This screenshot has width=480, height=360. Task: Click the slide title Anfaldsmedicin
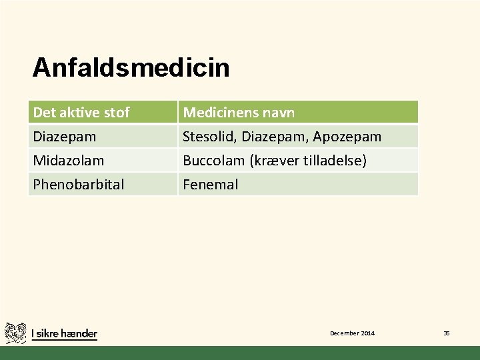tap(131, 67)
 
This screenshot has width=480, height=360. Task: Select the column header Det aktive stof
tap(81, 112)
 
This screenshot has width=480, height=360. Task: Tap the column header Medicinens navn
tap(239, 112)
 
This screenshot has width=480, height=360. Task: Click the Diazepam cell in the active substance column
tap(64, 137)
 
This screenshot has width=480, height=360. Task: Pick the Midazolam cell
tap(68, 161)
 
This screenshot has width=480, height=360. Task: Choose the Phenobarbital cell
tap(78, 185)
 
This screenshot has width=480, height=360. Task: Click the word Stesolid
tap(210, 137)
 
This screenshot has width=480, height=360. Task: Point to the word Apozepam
tap(347, 137)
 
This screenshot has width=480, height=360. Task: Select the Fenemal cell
tap(210, 185)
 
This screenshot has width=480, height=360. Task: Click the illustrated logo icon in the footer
tap(15, 333)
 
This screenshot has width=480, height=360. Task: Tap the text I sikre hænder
tap(64, 333)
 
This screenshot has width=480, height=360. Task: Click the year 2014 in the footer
tap(367, 333)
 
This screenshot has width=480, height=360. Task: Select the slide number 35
tap(447, 333)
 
